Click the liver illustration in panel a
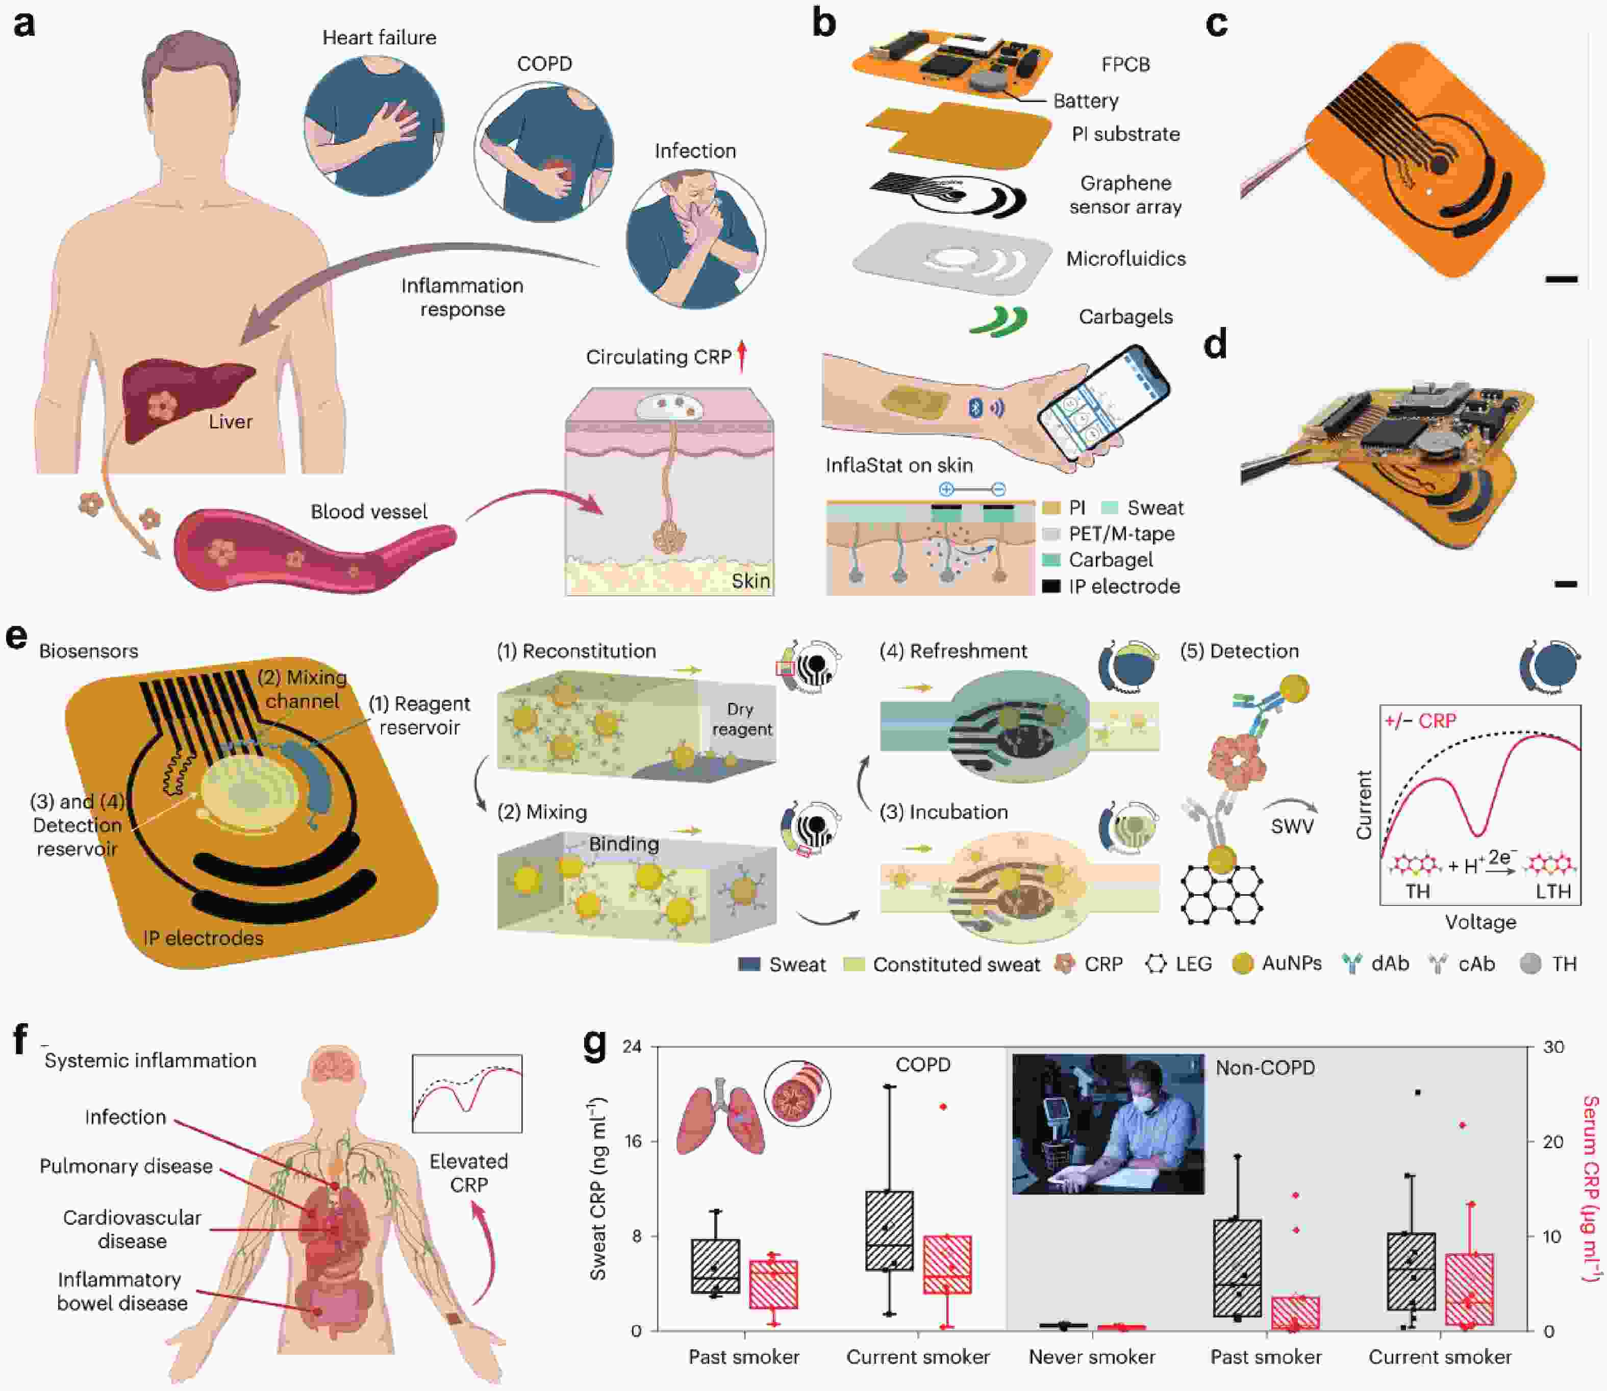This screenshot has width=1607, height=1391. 186,400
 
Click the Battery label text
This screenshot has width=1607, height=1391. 1085,101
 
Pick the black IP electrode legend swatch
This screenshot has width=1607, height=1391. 1050,587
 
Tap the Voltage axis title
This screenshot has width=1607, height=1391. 1479,922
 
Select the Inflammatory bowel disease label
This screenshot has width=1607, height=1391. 122,1291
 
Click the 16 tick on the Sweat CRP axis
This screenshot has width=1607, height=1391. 632,1141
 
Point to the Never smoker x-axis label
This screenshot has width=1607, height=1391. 1092,1356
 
